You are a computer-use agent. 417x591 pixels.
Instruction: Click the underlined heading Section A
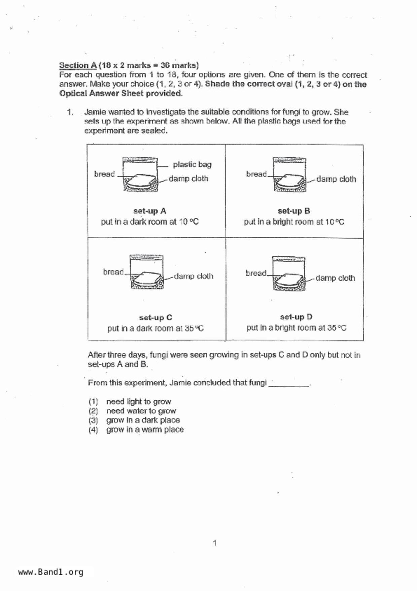click(x=78, y=65)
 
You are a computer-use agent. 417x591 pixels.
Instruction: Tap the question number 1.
click(x=70, y=112)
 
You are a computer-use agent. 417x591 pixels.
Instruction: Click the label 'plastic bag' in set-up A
click(x=192, y=164)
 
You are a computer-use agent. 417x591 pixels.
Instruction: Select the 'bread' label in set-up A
click(x=104, y=174)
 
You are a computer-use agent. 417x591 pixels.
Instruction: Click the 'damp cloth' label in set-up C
click(x=194, y=276)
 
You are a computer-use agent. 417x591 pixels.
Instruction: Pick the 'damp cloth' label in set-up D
click(x=335, y=278)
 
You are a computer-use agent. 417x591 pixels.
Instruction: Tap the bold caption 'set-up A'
click(x=150, y=211)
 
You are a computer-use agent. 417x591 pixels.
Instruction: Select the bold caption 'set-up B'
click(x=294, y=211)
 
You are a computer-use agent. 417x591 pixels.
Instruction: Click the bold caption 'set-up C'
click(x=155, y=318)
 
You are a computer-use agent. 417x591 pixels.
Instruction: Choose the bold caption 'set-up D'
click(x=296, y=317)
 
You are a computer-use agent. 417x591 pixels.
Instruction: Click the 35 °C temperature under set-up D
click(x=337, y=328)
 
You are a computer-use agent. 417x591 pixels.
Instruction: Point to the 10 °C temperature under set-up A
click(x=188, y=222)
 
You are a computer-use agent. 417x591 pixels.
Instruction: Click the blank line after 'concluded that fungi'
click(x=289, y=384)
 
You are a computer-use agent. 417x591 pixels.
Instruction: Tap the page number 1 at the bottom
click(x=215, y=543)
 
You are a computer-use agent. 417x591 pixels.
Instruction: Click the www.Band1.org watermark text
click(x=50, y=572)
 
